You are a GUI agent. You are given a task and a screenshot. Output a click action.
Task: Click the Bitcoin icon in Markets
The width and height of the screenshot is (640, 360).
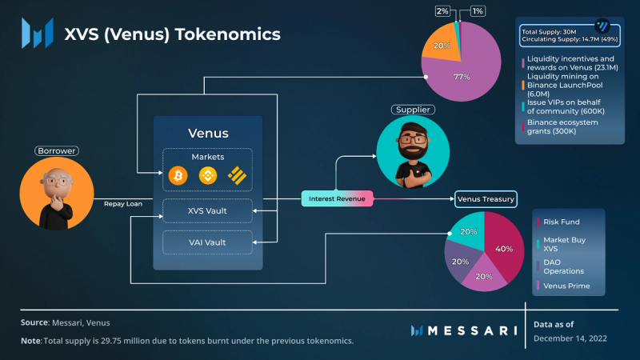click(177, 174)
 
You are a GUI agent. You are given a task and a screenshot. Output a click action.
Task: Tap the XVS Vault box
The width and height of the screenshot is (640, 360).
click(207, 210)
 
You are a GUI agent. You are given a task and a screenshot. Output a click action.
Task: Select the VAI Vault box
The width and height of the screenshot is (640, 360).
click(207, 241)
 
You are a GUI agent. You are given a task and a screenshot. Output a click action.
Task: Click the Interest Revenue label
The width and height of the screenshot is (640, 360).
click(338, 198)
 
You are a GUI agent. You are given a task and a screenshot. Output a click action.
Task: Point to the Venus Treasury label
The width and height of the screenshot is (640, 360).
click(486, 198)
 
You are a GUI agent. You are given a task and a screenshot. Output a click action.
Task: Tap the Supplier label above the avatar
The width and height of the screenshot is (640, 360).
click(413, 109)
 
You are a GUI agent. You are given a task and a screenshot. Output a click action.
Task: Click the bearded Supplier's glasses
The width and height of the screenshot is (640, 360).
click(414, 139)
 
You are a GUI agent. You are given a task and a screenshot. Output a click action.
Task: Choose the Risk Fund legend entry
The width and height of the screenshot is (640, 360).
click(563, 222)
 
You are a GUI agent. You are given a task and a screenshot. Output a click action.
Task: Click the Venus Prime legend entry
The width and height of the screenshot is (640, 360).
click(568, 285)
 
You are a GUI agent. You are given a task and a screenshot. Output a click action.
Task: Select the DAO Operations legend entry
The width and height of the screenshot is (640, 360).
click(565, 265)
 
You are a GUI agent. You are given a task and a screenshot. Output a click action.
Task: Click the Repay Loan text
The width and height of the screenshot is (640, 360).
click(122, 205)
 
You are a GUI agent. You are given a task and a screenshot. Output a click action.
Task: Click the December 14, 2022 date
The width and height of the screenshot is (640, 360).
click(570, 338)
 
